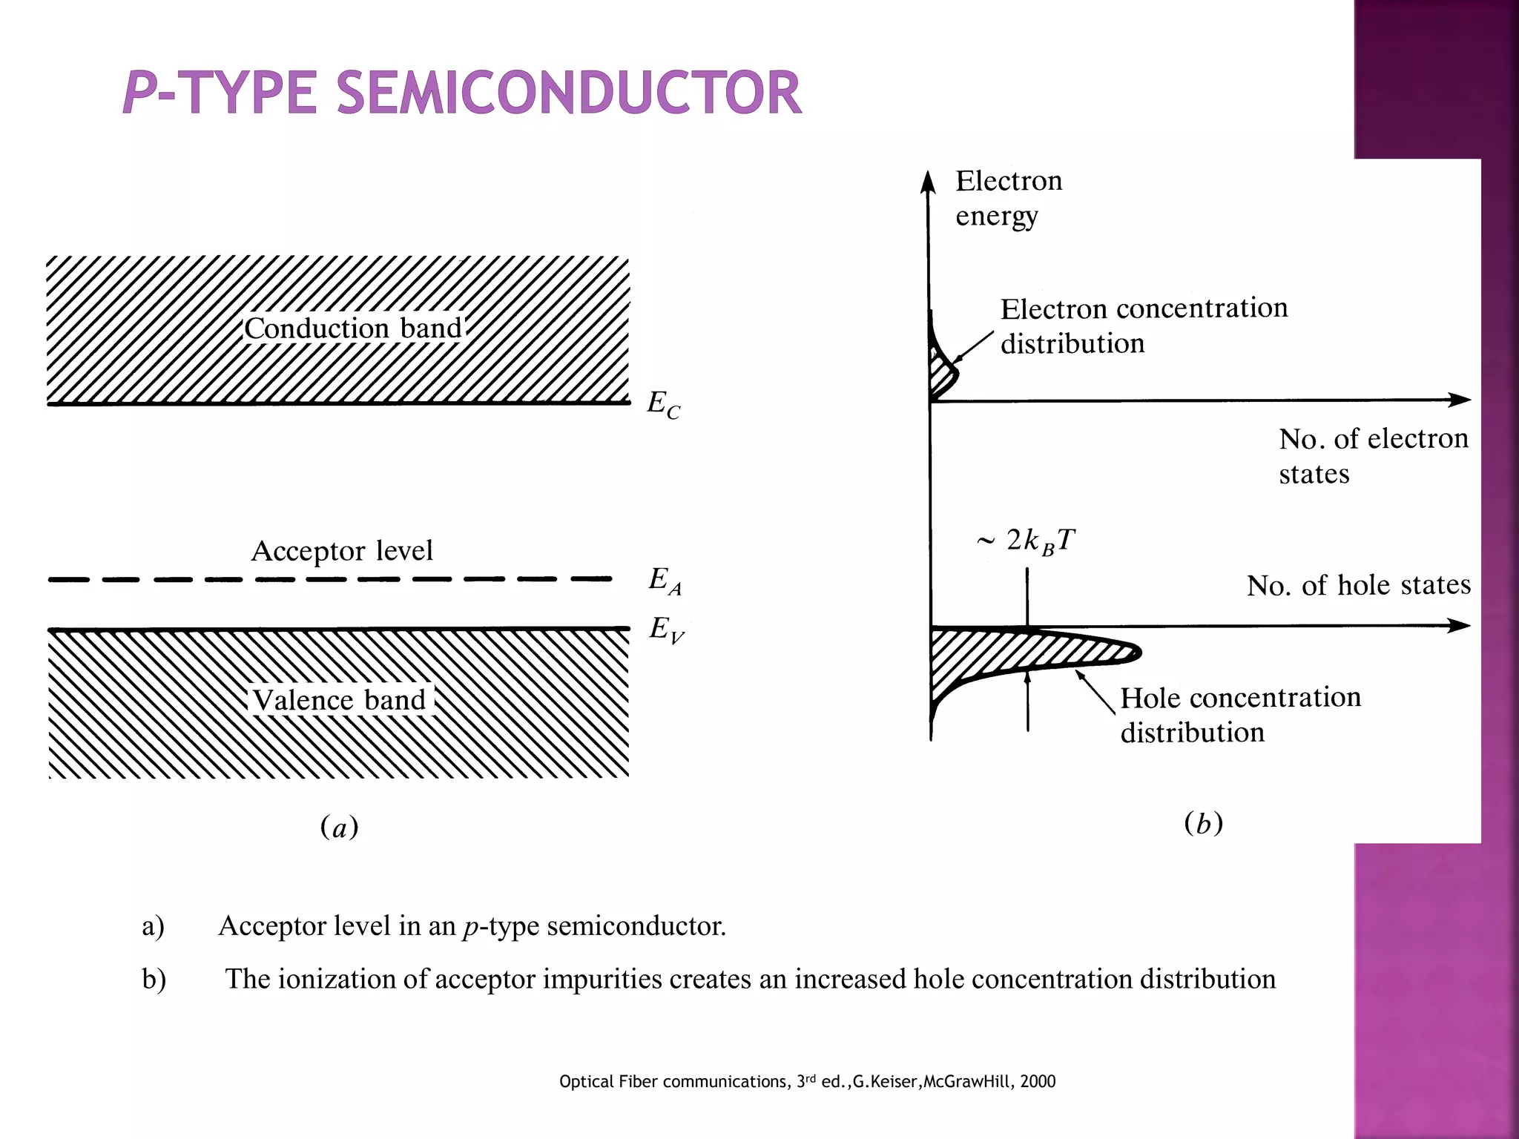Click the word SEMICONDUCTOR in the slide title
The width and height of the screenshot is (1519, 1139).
pos(569,93)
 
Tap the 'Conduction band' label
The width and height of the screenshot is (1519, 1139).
pos(353,328)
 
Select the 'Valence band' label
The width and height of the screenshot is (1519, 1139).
pos(340,699)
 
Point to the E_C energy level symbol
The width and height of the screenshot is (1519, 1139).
pos(663,404)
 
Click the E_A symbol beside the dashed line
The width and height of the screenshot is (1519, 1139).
pos(665,580)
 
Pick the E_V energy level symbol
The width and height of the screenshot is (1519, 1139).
pos(666,630)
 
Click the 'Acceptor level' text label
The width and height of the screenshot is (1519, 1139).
pos(342,551)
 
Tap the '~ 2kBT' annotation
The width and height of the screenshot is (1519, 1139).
pos(1027,541)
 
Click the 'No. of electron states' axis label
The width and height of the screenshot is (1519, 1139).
pos(1372,455)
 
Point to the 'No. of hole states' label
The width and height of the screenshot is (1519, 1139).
pos(1358,585)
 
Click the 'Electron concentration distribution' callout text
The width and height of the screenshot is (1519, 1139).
pos(1143,326)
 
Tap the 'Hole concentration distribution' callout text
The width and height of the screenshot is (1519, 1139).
pos(1239,714)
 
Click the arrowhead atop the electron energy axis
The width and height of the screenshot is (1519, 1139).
pos(928,181)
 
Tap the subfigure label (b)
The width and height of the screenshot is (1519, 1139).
pos(1203,823)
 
